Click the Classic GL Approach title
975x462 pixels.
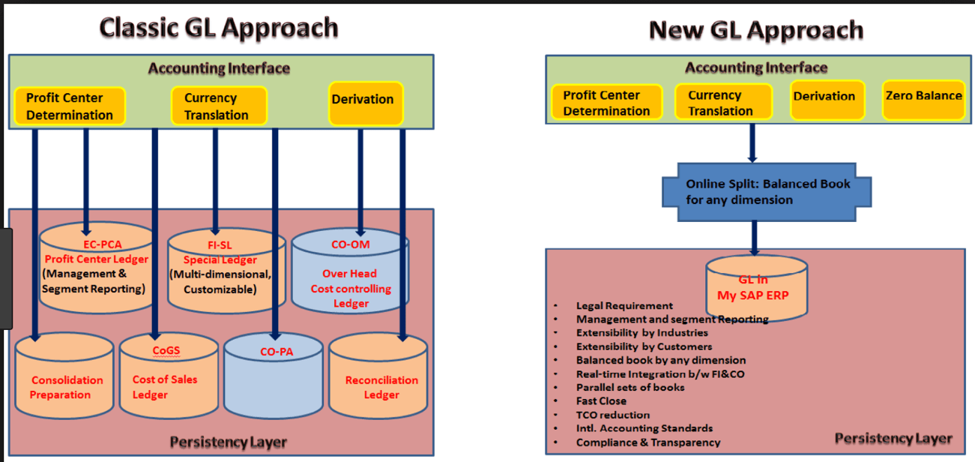point(218,28)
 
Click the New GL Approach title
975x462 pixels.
point(755,31)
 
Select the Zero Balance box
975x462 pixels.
point(923,100)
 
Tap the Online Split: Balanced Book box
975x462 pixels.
point(767,191)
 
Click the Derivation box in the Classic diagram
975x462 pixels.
point(363,104)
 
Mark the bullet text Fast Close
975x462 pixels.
point(601,400)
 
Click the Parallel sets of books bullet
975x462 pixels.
point(630,387)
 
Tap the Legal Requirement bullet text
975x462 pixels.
point(624,305)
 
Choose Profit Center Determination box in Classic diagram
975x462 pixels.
point(70,106)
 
